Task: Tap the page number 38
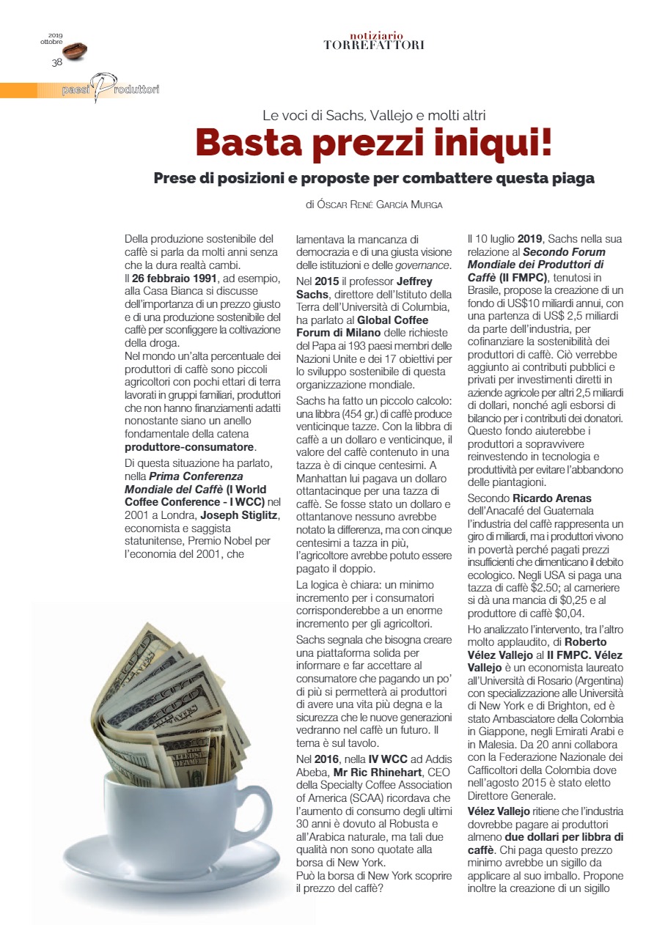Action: coord(56,62)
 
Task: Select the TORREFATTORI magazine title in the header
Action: coord(374,45)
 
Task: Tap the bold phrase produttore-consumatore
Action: coord(191,446)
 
